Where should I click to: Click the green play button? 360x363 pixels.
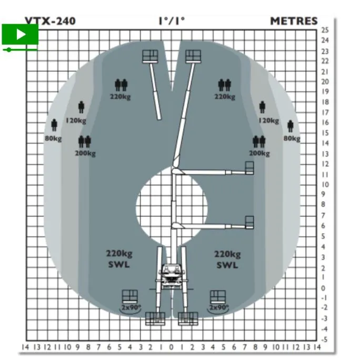pyautogui.click(x=20, y=34)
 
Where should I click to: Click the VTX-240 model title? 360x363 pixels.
pyautogui.click(x=50, y=21)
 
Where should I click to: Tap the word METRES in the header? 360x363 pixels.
pyautogui.click(x=294, y=21)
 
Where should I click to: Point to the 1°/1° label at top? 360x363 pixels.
pyautogui.click(x=172, y=21)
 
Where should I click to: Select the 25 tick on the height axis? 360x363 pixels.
pyautogui.click(x=325, y=30)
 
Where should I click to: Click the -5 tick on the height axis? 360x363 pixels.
pyautogui.click(x=324, y=340)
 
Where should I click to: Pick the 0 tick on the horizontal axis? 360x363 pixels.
pyautogui.click(x=172, y=347)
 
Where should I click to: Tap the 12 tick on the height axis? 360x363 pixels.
pyautogui.click(x=325, y=164)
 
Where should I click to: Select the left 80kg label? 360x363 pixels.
pyautogui.click(x=53, y=138)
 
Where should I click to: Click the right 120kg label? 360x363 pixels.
pyautogui.click(x=269, y=120)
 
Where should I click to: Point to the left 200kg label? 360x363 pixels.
pyautogui.click(x=85, y=153)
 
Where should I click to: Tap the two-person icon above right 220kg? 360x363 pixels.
pyautogui.click(x=225, y=85)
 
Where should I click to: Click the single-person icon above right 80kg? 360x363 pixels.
pyautogui.click(x=291, y=126)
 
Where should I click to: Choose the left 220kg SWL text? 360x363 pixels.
pyautogui.click(x=119, y=259)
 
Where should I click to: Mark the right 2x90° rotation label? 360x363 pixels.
pyautogui.click(x=219, y=308)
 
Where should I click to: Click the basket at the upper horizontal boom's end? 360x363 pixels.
pyautogui.click(x=249, y=168)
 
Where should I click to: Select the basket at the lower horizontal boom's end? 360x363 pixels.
pyautogui.click(x=249, y=223)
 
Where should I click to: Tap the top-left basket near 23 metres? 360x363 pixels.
pyautogui.click(x=151, y=56)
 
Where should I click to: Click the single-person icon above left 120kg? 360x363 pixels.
pyautogui.click(x=81, y=107)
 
